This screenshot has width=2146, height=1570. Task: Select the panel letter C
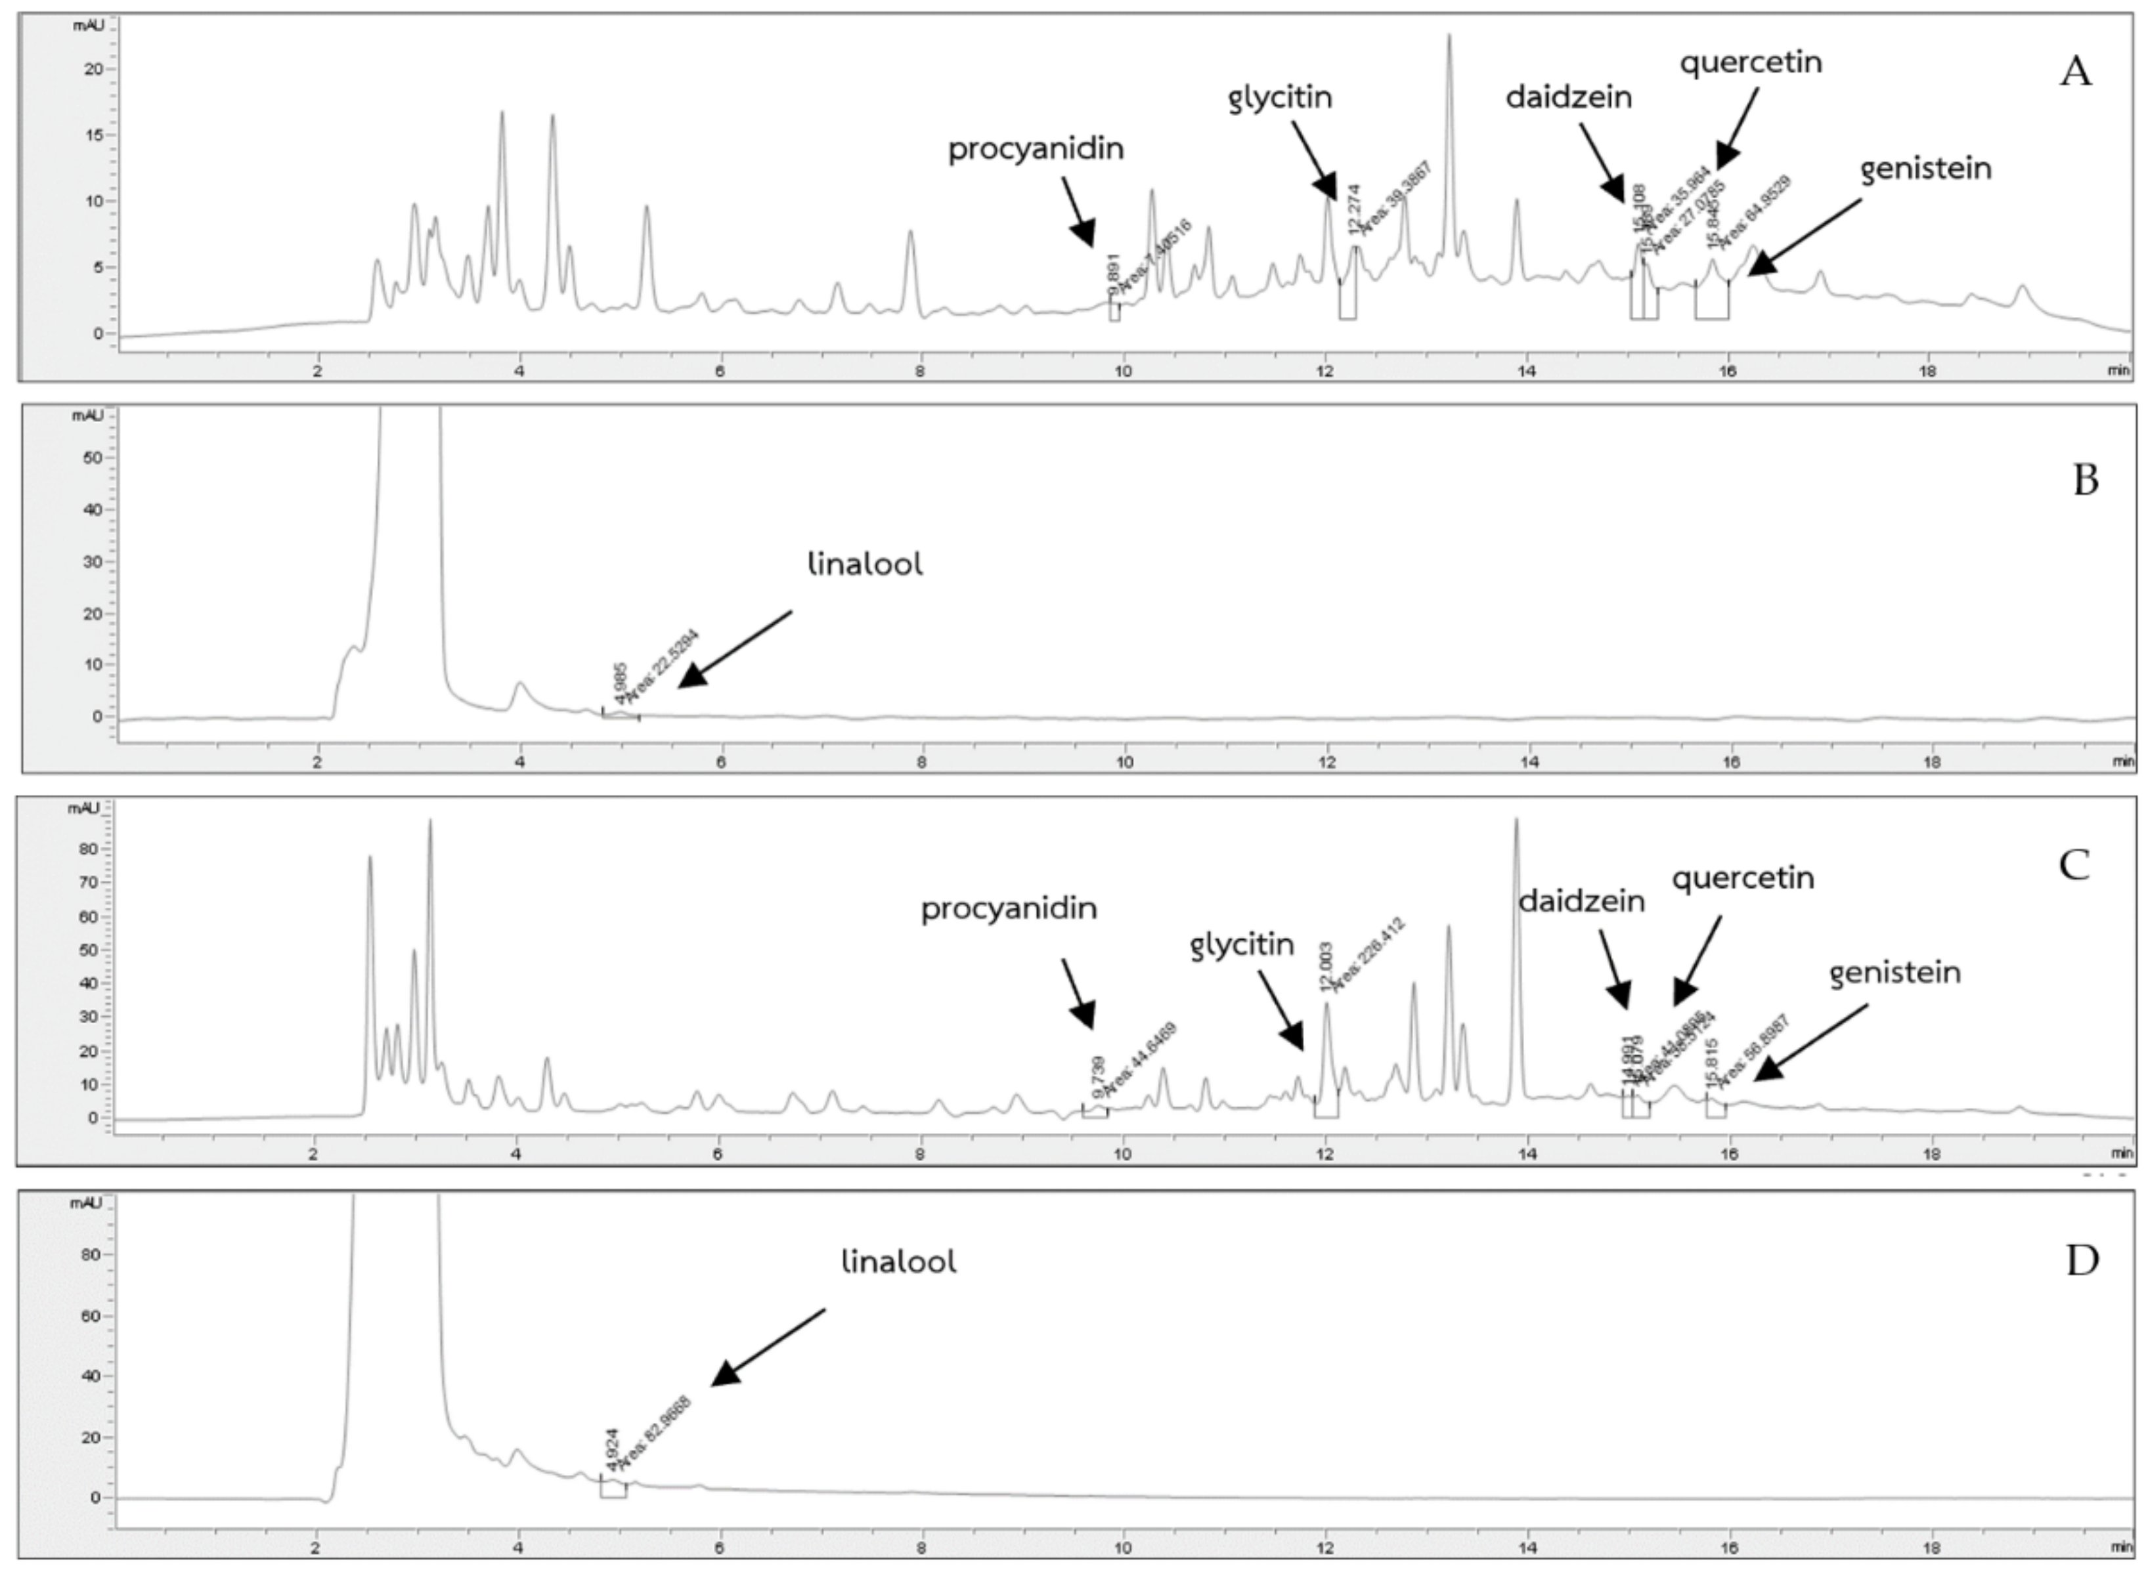click(2073, 865)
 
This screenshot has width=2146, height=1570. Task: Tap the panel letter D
click(2082, 1260)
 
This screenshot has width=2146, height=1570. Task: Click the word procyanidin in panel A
click(1036, 149)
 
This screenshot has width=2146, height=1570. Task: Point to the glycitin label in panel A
click(1280, 97)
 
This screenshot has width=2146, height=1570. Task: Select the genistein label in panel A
click(1925, 169)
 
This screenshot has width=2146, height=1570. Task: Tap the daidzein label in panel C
click(1581, 901)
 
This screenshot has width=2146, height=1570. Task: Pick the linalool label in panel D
click(898, 1262)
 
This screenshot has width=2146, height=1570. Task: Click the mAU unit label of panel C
click(83, 808)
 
